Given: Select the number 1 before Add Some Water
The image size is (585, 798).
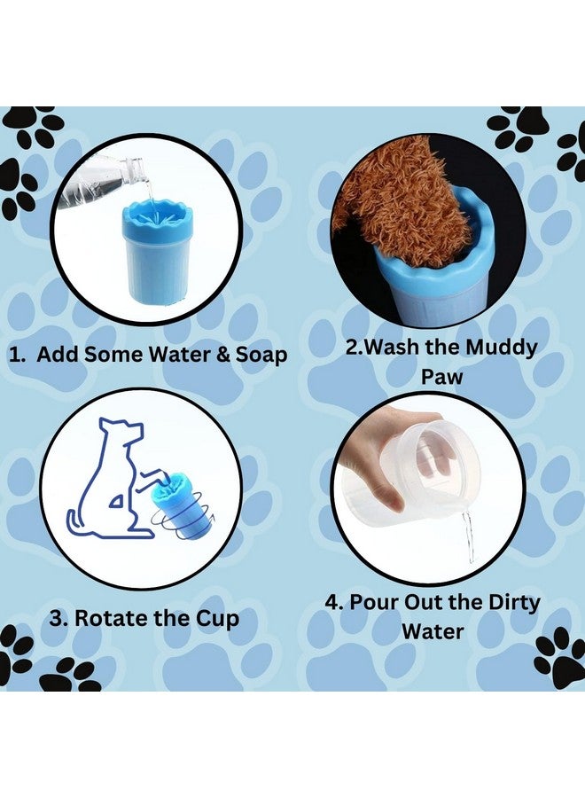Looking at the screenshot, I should point(15,356).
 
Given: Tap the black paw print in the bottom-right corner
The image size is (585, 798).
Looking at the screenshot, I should point(560,656).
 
